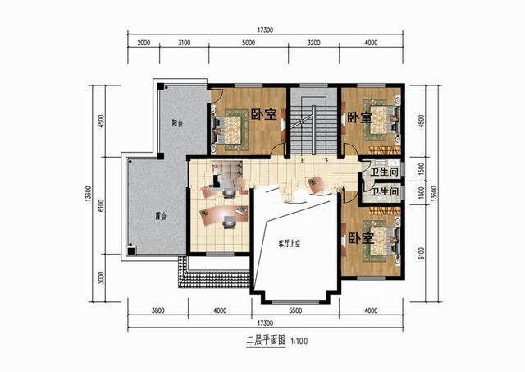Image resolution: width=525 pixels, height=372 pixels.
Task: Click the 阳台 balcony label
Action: click(x=176, y=123)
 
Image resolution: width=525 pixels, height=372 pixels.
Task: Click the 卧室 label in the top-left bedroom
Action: click(x=262, y=116)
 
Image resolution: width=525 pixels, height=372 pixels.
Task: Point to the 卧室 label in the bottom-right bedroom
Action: click(x=361, y=238)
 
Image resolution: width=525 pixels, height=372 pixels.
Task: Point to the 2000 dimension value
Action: click(x=144, y=43)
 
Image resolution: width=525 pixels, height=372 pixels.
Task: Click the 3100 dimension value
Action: click(x=184, y=43)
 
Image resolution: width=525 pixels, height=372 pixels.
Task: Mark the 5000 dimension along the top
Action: click(x=249, y=43)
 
